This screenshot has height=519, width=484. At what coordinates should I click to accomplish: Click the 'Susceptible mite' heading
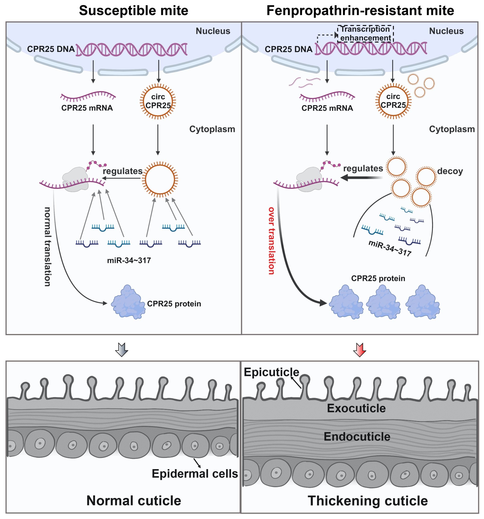[x=134, y=11]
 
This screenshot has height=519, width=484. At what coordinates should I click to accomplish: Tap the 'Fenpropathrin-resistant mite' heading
[x=360, y=11]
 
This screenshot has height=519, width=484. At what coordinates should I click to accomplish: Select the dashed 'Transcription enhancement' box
[x=365, y=33]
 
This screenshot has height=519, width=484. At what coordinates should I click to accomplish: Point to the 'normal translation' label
[x=47, y=246]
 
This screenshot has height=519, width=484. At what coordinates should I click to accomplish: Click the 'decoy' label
[x=450, y=171]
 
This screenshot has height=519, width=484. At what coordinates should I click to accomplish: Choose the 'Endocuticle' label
[x=357, y=437]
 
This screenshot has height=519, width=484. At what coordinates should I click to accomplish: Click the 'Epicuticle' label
[x=271, y=372]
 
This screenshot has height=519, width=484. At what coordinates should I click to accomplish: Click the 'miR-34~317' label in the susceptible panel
[x=129, y=260]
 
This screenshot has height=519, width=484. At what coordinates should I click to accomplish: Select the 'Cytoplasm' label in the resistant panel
[x=452, y=129]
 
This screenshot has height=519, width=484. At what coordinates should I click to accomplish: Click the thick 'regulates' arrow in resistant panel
[x=362, y=178]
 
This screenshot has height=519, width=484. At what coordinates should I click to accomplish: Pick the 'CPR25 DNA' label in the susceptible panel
[x=51, y=49]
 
